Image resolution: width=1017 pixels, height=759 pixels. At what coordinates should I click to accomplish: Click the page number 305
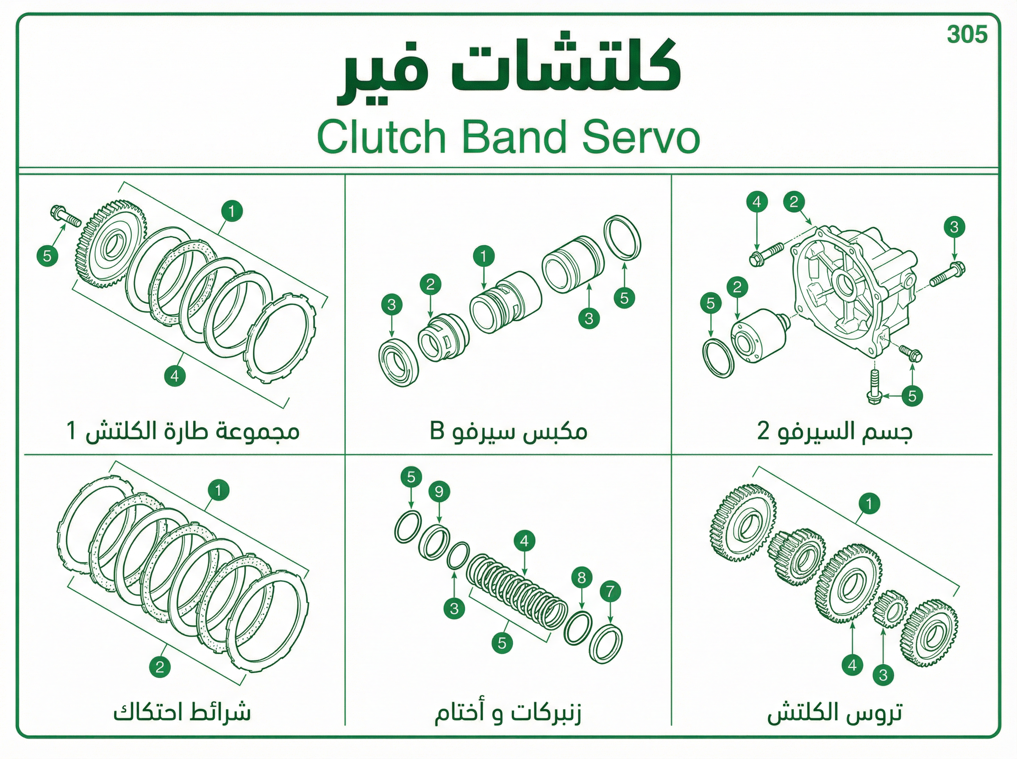tap(967, 34)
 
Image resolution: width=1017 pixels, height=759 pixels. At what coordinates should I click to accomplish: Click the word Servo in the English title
tap(641, 137)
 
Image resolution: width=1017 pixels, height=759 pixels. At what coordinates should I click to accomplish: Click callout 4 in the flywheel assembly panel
tap(175, 376)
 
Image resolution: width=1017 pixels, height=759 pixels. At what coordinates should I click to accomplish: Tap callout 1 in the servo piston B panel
tap(483, 256)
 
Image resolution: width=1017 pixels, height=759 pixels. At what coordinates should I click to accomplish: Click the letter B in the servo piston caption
tap(436, 432)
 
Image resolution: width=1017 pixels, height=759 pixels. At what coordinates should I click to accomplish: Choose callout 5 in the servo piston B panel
tap(624, 298)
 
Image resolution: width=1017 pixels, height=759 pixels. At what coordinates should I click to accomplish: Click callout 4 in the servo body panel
tap(757, 202)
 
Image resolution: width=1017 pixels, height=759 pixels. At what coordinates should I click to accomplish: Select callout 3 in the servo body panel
tap(955, 227)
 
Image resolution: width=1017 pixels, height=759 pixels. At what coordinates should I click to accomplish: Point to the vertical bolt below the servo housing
tap(873, 387)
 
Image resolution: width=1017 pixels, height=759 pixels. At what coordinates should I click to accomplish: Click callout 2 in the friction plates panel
tap(160, 667)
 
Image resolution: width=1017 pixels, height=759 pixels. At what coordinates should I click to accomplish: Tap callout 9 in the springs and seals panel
tap(439, 492)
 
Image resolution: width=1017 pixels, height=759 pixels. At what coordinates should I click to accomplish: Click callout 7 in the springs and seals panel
tap(610, 591)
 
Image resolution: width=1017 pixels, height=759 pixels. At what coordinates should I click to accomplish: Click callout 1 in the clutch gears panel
tap(869, 504)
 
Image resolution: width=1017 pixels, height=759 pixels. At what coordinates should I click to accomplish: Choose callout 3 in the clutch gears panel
tap(883, 675)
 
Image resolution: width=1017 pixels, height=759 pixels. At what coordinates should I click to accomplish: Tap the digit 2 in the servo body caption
tap(763, 432)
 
